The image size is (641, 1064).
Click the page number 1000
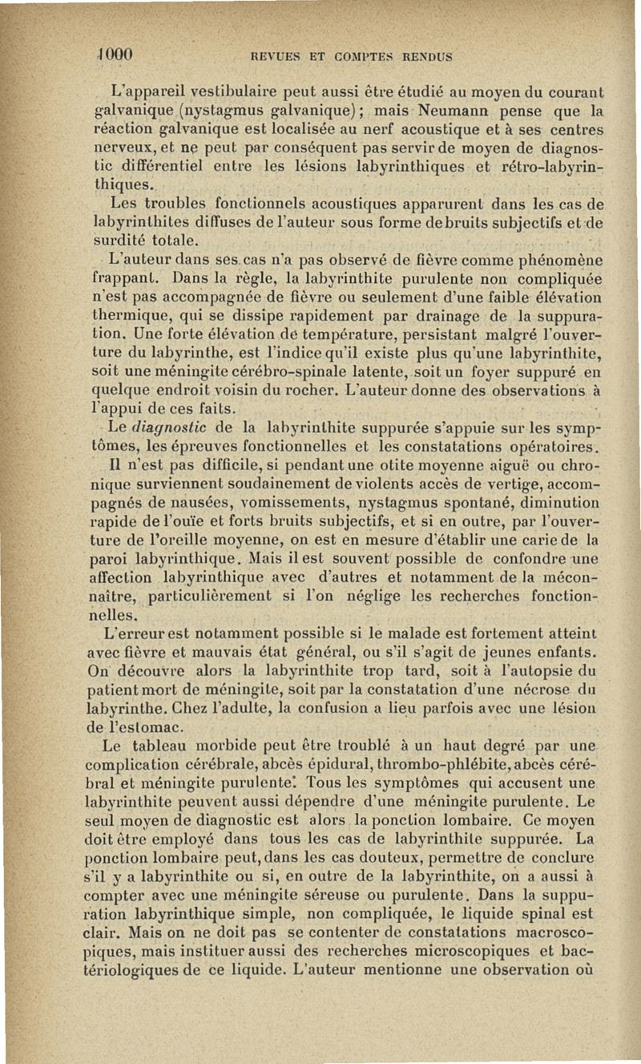115,55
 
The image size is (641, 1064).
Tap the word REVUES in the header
275,57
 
